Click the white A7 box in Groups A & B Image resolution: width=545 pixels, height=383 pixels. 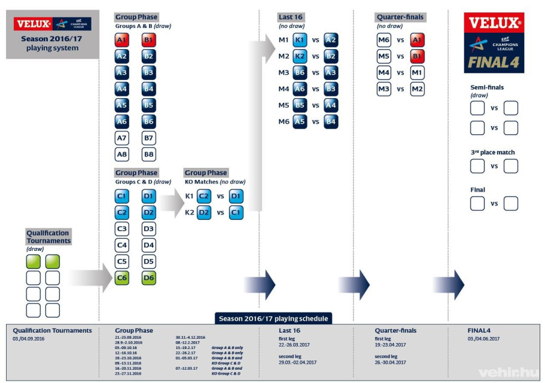click(122, 138)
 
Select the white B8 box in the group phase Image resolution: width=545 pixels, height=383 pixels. click(149, 154)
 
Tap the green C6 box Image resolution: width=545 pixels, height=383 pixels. click(122, 279)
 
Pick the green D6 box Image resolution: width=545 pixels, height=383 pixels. click(149, 279)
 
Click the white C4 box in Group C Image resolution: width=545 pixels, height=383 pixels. click(122, 246)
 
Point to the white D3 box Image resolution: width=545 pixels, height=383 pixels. click(149, 229)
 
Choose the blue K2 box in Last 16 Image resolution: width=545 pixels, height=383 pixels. click(300, 56)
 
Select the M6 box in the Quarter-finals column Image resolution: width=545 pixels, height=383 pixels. click(384, 41)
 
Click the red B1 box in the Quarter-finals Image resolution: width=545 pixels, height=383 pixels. click(417, 56)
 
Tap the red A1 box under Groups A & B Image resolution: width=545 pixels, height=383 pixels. click(122, 41)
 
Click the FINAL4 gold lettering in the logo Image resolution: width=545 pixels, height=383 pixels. click(494, 62)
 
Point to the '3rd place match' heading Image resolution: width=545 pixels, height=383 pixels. click(493, 153)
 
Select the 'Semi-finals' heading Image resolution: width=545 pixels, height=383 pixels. click(487, 87)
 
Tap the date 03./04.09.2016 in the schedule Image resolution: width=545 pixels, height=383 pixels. click(29, 339)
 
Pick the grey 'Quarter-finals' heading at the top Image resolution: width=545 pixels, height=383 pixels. click(400, 17)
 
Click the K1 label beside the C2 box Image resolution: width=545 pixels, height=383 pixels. click(189, 196)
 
